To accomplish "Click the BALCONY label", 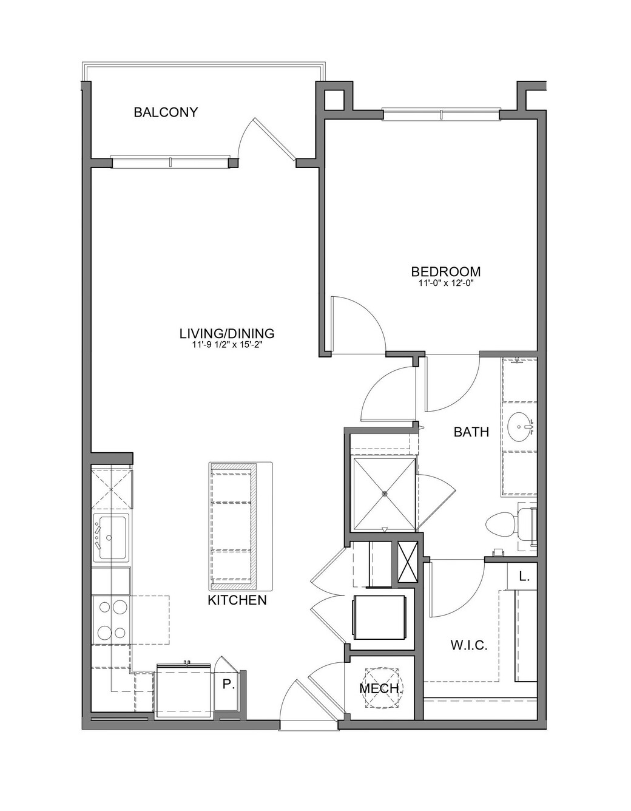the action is [166, 112].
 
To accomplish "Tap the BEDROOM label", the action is [446, 271].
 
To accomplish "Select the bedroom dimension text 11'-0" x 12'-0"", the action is [446, 283].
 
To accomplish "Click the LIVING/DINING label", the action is [227, 333].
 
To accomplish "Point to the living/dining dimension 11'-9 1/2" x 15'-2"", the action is [227, 345].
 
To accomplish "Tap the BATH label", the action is [471, 432].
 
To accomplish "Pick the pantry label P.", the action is [229, 684].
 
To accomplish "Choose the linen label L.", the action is [524, 577].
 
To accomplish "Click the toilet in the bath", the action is [511, 526].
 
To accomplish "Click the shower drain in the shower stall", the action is [384, 493].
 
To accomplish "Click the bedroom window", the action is [441, 114].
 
